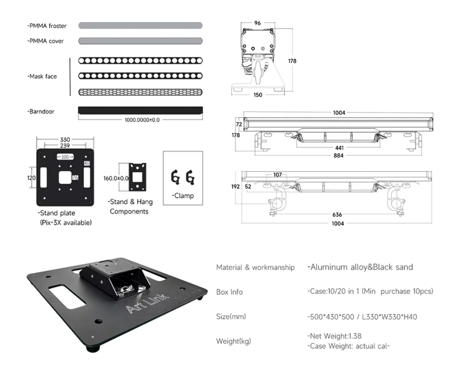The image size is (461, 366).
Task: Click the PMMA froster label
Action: [x=47, y=26]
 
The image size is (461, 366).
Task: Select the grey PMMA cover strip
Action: [x=140, y=41]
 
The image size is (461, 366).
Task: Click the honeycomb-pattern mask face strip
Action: [x=140, y=92]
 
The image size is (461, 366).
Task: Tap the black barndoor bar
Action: [x=140, y=110]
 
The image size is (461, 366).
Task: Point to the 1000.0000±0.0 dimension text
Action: [x=142, y=120]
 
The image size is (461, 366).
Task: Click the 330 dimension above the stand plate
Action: [x=65, y=139]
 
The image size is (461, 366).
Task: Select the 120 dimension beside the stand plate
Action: [x=31, y=178]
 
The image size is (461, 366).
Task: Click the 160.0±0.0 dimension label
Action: [x=116, y=178]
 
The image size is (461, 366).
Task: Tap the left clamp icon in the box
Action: [x=175, y=178]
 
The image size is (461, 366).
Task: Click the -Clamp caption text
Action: [x=183, y=196]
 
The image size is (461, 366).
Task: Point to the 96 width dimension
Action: [x=257, y=23]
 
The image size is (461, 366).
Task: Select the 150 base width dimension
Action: [x=258, y=95]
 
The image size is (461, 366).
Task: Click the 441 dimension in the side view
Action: [x=339, y=148]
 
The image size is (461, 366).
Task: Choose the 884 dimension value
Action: [x=339, y=155]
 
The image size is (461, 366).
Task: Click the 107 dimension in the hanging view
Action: [x=277, y=175]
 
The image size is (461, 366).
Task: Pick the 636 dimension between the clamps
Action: [x=337, y=215]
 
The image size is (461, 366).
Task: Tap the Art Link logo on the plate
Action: [x=147, y=303]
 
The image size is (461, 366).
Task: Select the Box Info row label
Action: [x=229, y=292]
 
